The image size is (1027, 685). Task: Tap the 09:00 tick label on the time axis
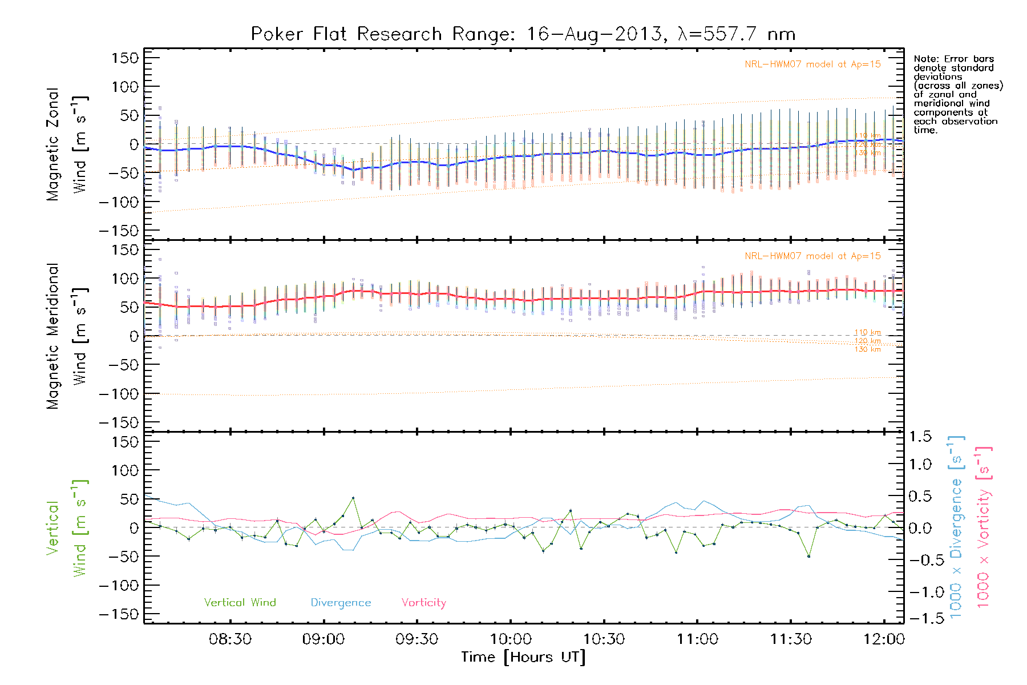coord(324,639)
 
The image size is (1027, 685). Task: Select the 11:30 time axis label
coord(791,639)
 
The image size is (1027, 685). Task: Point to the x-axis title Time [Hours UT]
coord(523,657)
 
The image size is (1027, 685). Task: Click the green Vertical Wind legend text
coord(240,603)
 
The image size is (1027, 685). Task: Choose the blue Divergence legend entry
coord(341,603)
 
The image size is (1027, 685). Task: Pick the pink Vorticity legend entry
coord(423,603)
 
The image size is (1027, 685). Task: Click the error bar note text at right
coord(957,94)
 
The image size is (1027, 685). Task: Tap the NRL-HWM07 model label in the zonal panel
coord(812,65)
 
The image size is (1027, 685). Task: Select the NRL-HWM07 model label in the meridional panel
coord(812,256)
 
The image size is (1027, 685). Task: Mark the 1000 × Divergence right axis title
coord(956,526)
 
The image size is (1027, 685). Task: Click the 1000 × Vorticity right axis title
coord(983,526)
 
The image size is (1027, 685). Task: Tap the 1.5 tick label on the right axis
coord(920,437)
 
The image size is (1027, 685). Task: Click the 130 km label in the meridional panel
coord(867,349)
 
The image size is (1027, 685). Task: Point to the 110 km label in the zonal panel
coord(867,136)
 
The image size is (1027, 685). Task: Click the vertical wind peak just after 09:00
coord(353,498)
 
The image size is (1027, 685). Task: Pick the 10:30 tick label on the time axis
coord(604,639)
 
